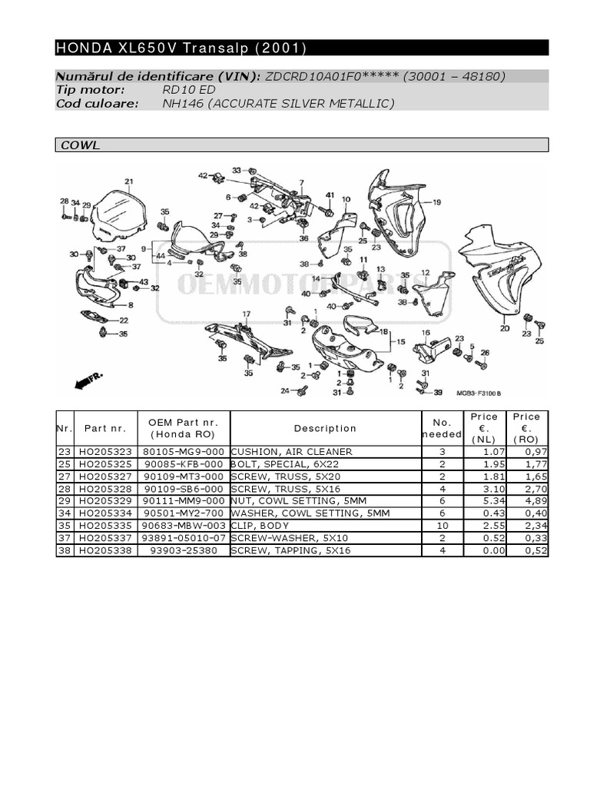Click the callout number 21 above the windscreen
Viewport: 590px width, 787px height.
(x=129, y=182)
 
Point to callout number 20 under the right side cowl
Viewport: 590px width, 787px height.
(x=504, y=328)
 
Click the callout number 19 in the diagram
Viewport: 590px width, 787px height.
(x=436, y=203)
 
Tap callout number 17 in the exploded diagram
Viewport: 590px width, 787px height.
(x=247, y=314)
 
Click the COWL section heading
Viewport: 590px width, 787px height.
(x=81, y=145)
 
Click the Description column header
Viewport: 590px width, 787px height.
(x=325, y=428)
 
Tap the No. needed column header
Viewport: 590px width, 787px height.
(x=442, y=428)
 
